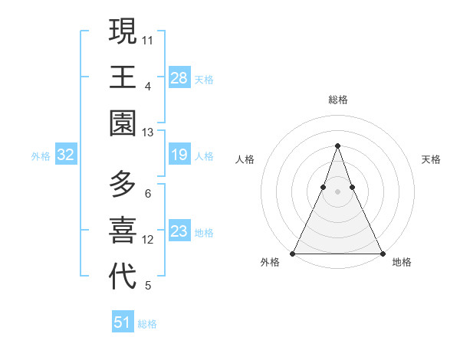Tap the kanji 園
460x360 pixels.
point(123,123)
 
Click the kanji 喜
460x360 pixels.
point(123,231)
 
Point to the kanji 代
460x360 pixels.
point(123,277)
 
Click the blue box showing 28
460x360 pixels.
point(179,78)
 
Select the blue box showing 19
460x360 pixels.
point(179,155)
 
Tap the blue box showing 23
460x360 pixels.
point(179,232)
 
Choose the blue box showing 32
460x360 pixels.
point(65,155)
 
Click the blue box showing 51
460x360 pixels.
point(122,322)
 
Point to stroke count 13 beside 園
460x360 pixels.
point(147,133)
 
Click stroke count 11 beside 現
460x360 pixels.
point(147,39)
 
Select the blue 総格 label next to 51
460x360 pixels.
point(147,324)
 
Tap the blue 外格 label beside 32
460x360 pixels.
point(41,156)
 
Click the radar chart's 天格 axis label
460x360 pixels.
point(431,159)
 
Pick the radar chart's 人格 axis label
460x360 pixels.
point(245,159)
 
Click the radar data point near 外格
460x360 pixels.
point(293,254)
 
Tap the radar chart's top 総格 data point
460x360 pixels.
point(337,146)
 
